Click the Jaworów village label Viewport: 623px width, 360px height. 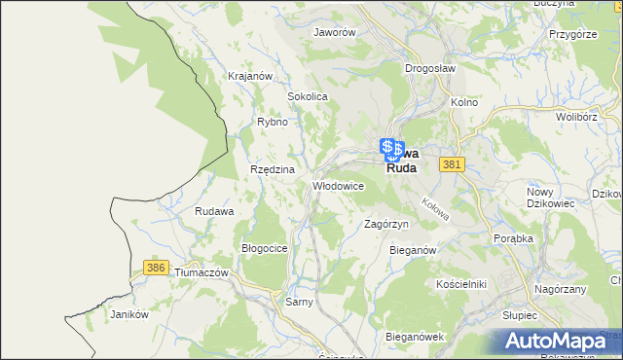[x=334, y=31]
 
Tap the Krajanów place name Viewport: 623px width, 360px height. [x=247, y=75]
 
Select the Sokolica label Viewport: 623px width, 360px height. [x=307, y=97]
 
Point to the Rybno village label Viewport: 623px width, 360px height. [x=272, y=122]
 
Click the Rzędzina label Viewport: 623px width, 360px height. [x=272, y=168]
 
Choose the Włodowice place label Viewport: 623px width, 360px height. [x=338, y=185]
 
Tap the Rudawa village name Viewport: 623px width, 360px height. [x=214, y=211]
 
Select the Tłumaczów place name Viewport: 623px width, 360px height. [x=202, y=272]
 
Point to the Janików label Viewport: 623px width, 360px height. [x=128, y=314]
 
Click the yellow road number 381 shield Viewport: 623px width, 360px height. [x=450, y=166]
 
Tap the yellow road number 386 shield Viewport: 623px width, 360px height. [x=153, y=267]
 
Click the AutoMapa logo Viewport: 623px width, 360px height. [x=559, y=341]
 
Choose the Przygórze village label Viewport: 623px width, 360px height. [x=571, y=33]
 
